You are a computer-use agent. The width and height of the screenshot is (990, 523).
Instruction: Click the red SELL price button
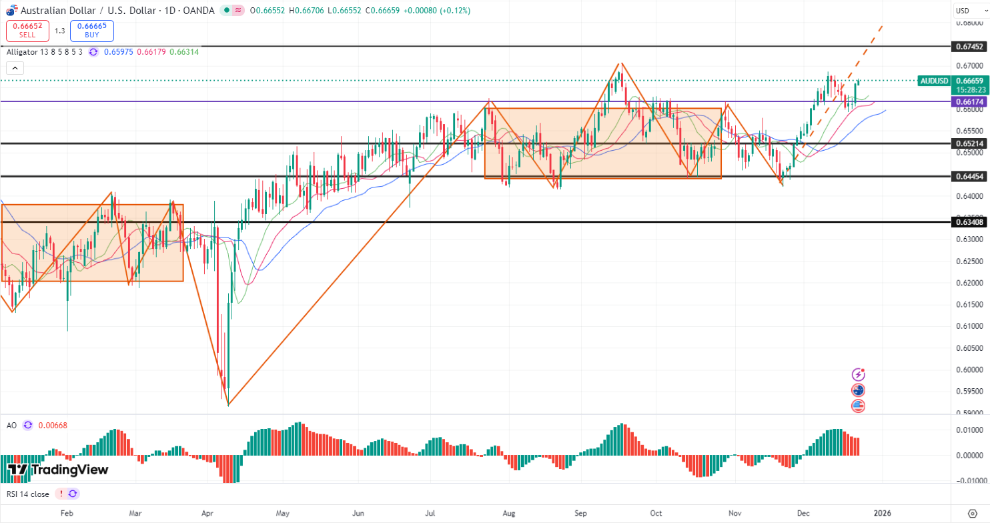click(27, 31)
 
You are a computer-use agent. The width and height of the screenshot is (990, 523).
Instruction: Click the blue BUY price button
click(91, 31)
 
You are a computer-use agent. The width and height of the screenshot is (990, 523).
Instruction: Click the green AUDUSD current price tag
click(933, 81)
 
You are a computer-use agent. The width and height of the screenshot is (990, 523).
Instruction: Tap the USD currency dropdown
click(965, 10)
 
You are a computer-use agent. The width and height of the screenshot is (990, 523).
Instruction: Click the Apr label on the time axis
click(207, 513)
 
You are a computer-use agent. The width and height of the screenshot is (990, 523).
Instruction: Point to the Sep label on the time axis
click(581, 513)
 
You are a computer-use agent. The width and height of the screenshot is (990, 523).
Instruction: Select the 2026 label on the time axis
click(882, 513)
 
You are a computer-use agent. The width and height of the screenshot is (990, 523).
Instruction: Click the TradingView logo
click(58, 470)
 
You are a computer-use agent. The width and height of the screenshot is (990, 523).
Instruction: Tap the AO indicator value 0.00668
click(53, 425)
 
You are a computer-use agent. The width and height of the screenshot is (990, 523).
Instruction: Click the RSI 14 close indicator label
click(28, 494)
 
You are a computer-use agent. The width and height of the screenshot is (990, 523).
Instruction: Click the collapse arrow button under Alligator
click(15, 67)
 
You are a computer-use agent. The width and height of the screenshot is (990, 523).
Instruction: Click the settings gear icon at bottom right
click(972, 513)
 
